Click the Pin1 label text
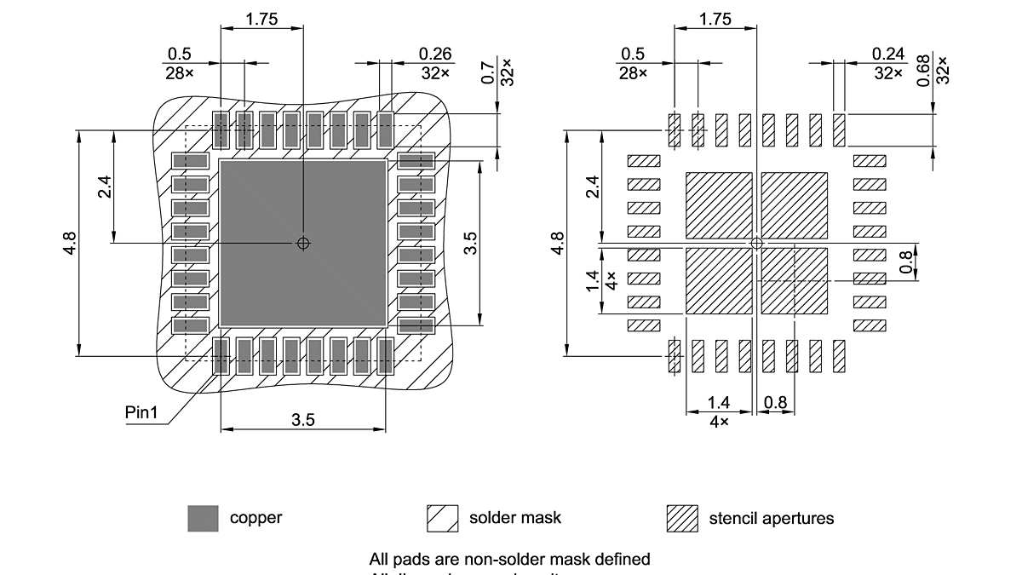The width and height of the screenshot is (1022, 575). [141, 413]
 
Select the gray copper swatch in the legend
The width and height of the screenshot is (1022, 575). [203, 518]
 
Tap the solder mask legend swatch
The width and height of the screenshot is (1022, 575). [442, 518]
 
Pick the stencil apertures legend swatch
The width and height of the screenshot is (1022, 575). [681, 518]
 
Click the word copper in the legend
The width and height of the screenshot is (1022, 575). [255, 517]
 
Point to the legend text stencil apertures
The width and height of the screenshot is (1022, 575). [772, 518]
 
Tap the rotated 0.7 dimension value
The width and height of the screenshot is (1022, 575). [488, 72]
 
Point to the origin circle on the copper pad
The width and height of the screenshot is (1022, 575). [303, 244]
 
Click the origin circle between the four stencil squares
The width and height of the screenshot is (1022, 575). [756, 244]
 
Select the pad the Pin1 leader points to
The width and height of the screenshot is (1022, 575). [221, 356]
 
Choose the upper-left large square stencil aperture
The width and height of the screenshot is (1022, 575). [719, 205]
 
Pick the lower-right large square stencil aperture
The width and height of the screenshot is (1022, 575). [794, 280]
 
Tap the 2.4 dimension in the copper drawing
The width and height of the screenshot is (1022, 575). [104, 187]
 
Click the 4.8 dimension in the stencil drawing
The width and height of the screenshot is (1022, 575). [558, 243]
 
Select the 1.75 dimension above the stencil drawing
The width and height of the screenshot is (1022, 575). [715, 20]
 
